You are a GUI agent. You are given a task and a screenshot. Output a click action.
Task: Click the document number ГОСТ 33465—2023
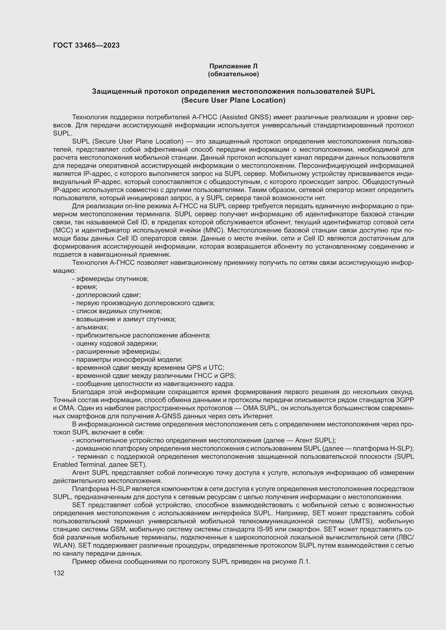click(x=86, y=46)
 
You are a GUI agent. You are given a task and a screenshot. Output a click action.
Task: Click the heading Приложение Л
click(x=233, y=66)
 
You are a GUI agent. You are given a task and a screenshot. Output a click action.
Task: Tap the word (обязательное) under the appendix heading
click(x=233, y=74)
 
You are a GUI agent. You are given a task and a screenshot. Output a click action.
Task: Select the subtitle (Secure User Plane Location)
click(x=233, y=100)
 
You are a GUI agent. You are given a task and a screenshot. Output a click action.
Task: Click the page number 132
click(x=59, y=573)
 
